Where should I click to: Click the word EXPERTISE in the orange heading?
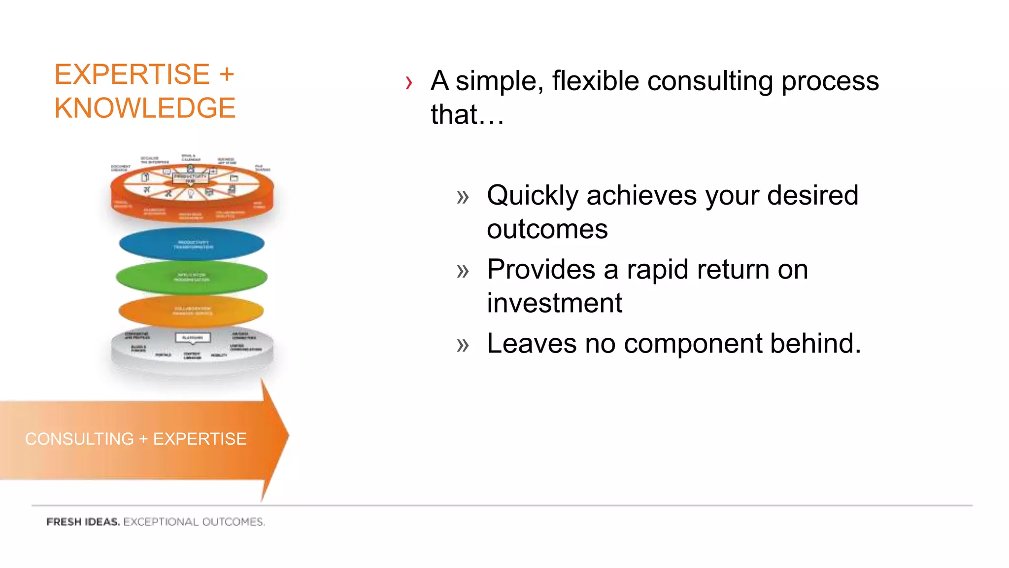[132, 75]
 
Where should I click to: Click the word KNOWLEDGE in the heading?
[145, 108]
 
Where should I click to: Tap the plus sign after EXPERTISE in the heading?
[227, 75]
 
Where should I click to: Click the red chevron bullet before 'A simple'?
[408, 82]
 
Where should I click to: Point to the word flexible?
[595, 81]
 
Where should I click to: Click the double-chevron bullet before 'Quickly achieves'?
[463, 197]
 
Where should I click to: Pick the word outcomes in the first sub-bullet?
[547, 229]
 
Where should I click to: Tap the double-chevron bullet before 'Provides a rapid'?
[463, 271]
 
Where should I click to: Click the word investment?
[554, 303]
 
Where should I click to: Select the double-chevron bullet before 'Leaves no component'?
[463, 345]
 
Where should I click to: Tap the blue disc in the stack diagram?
[192, 244]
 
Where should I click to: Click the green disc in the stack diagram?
[192, 278]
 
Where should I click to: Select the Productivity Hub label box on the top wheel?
[191, 178]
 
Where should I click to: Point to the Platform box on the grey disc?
[193, 338]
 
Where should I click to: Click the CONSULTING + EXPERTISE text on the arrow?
[135, 439]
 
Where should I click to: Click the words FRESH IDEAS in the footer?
[83, 522]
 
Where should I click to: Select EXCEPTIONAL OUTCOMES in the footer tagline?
[194, 522]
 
